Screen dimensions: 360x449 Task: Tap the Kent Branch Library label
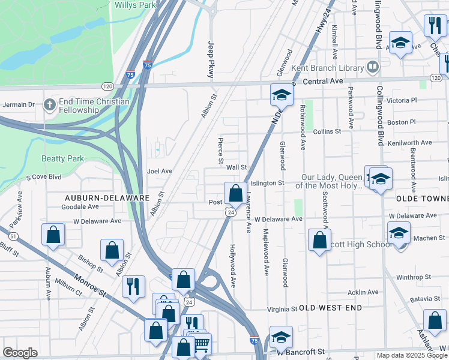[x=328, y=68]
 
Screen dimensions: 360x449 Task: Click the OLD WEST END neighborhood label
[x=331, y=308]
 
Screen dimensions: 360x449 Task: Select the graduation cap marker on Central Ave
[x=281, y=95]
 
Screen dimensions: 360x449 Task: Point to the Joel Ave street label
[x=160, y=171]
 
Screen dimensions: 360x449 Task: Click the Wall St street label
[x=237, y=168]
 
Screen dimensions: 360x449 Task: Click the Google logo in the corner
[x=20, y=352]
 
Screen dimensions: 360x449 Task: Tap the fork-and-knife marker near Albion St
[x=133, y=286]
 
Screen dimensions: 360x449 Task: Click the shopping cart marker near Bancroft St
[x=201, y=344]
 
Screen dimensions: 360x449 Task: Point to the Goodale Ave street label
[x=80, y=206]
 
